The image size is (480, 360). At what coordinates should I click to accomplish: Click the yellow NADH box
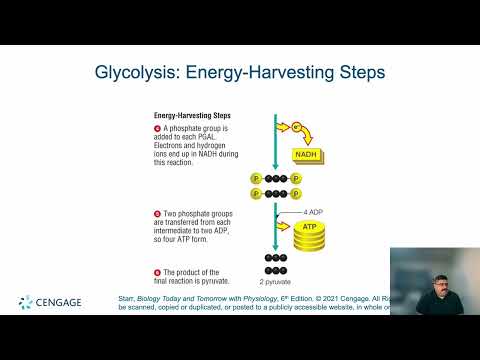307,156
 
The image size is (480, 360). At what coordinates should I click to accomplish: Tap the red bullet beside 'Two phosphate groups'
157,214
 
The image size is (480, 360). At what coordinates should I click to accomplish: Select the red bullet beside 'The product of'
157,272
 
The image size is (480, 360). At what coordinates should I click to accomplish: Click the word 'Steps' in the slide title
358,73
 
